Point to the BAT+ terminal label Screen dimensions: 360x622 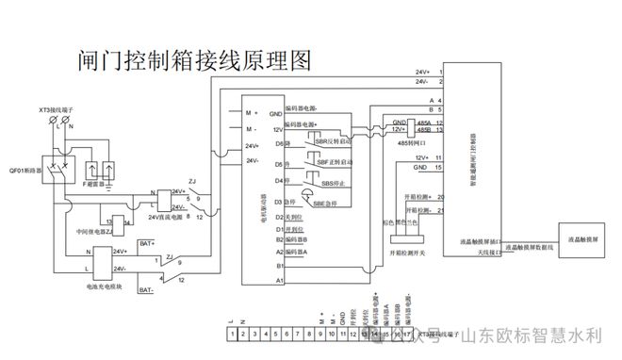click(x=147, y=243)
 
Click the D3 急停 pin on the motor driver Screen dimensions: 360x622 click(x=285, y=201)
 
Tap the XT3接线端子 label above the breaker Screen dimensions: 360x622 click(x=57, y=110)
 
